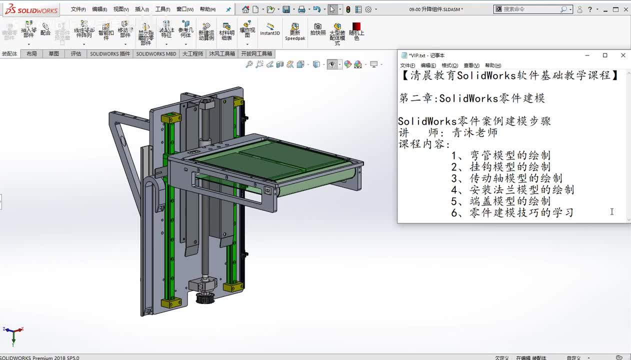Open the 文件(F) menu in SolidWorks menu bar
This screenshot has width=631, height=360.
pyautogui.click(x=78, y=9)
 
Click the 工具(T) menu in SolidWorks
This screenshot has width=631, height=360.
pyautogui.click(x=162, y=9)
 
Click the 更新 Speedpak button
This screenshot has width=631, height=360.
pyautogui.click(x=295, y=31)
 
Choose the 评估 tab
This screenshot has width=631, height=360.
pyautogui.click(x=75, y=53)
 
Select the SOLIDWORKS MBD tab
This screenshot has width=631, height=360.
pyautogui.click(x=156, y=53)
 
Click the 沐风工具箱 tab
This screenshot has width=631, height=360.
pyautogui.click(x=221, y=53)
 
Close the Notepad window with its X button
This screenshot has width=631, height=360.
pyautogui.click(x=622, y=55)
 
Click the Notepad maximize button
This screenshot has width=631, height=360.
pyautogui.click(x=604, y=55)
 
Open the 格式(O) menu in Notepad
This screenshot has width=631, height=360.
pyautogui.click(x=449, y=65)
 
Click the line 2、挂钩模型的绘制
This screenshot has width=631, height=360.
pyautogui.click(x=500, y=166)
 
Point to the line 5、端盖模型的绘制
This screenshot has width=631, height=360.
pyautogui.click(x=500, y=201)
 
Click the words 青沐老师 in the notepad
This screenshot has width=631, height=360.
pyautogui.click(x=474, y=132)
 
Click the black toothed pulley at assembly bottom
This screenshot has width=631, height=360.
pyautogui.click(x=205, y=298)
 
